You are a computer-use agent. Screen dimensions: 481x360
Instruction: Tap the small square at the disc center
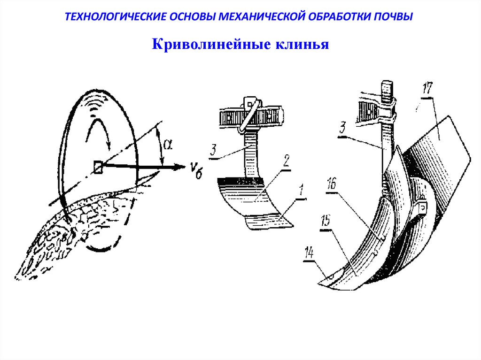pos(97,167)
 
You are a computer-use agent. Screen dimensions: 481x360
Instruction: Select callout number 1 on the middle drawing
pos(301,191)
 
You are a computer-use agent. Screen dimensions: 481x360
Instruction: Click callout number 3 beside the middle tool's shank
pos(214,151)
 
